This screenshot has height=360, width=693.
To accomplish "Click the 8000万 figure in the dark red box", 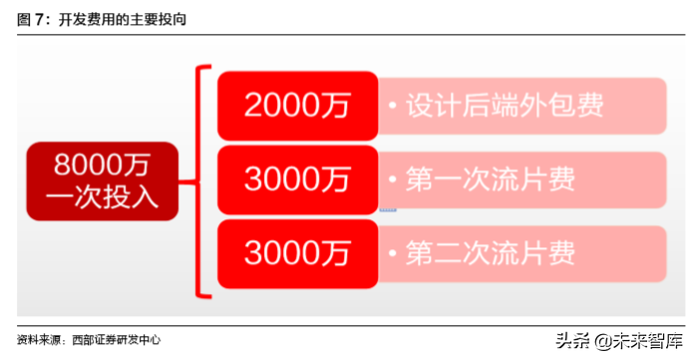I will click(x=102, y=162).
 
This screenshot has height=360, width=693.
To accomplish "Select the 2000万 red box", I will click(x=297, y=104).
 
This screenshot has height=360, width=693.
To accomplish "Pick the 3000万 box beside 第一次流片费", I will click(x=297, y=180).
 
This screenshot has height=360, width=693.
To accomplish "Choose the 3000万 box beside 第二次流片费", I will click(x=297, y=253).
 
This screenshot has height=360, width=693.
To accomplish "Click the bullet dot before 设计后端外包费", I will click(x=394, y=105).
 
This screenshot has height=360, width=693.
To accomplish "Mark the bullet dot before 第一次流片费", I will click(x=394, y=180).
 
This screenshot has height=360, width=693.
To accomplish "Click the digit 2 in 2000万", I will click(x=252, y=104).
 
